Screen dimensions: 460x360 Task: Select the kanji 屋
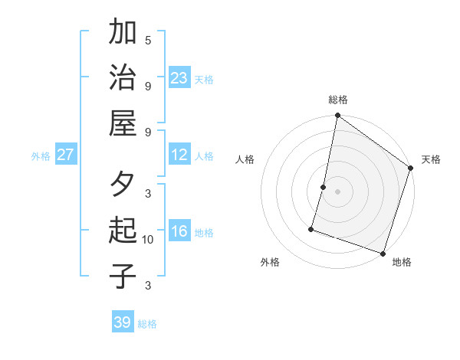123,123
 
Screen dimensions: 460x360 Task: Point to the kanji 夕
123,185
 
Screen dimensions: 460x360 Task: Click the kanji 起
123,231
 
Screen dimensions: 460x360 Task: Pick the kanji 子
123,277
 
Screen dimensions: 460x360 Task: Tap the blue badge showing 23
179,77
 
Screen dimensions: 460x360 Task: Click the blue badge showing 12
179,155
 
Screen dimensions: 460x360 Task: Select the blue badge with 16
179,231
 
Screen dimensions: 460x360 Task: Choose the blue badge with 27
66,155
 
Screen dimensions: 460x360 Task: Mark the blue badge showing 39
123,322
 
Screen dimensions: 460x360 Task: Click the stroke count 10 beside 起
148,240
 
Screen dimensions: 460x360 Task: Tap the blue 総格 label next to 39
147,324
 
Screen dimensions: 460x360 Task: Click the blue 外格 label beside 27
41,156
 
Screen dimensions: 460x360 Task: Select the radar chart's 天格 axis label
431,159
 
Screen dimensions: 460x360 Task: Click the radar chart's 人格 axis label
245,159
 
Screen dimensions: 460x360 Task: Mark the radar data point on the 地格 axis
383,253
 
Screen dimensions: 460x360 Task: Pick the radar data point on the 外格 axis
312,228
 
